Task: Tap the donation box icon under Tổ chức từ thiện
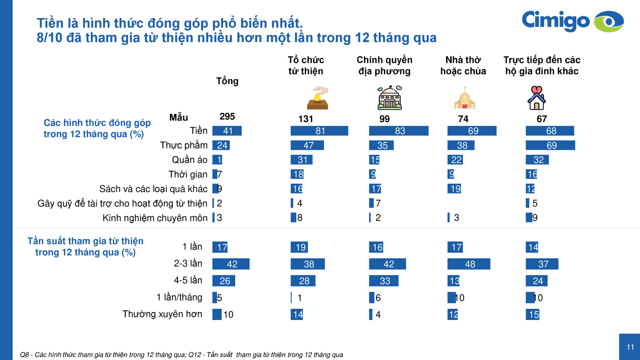(318, 98)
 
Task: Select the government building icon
(390, 98)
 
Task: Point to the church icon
(464, 98)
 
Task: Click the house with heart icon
(536, 98)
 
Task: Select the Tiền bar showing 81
(319, 131)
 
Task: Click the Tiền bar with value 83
(398, 131)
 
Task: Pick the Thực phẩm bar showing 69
(550, 145)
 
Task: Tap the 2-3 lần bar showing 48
(468, 264)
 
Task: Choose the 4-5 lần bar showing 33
(384, 281)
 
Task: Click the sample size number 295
(227, 116)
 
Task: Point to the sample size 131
(306, 119)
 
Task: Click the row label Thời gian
(188, 174)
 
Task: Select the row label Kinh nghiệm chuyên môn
(155, 218)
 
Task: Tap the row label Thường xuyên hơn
(162, 314)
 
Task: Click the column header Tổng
(227, 81)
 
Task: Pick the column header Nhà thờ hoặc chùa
(463, 66)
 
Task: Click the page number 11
(630, 347)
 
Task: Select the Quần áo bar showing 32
(537, 160)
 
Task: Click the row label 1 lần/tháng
(179, 297)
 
